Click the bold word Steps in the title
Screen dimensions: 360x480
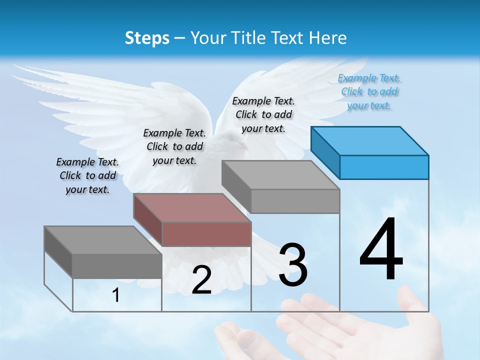coord(147,38)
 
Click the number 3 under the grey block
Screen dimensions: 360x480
coord(293,265)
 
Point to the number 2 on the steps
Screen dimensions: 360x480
coord(201,280)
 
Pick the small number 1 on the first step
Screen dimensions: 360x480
coord(116,295)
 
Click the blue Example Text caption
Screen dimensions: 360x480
coord(369,92)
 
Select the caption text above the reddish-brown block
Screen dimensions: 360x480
coord(174,146)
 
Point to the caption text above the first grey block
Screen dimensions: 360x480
coord(87,175)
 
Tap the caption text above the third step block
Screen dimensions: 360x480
coord(263,114)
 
